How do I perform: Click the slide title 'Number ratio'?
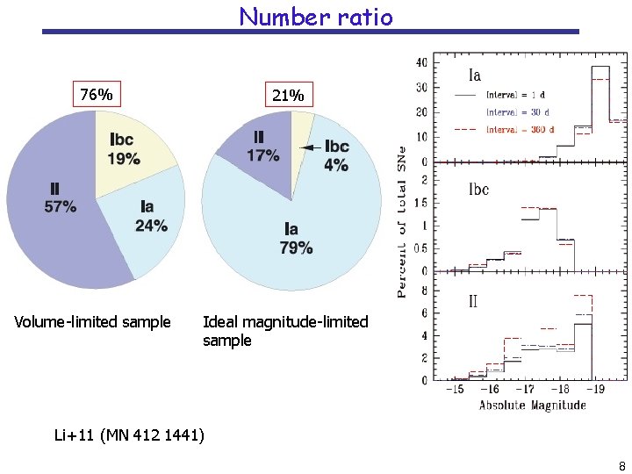315,16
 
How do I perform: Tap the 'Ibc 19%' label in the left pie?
124,150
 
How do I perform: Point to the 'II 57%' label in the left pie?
60,198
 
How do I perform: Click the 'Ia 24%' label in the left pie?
150,216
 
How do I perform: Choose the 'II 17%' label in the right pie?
262,147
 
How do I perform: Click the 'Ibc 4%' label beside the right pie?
336,155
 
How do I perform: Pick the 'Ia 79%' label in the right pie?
295,239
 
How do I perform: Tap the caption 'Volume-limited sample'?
93,322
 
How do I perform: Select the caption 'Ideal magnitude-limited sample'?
284,331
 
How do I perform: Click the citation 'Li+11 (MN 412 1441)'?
129,434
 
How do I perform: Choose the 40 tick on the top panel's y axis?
421,62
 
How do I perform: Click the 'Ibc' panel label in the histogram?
478,189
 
